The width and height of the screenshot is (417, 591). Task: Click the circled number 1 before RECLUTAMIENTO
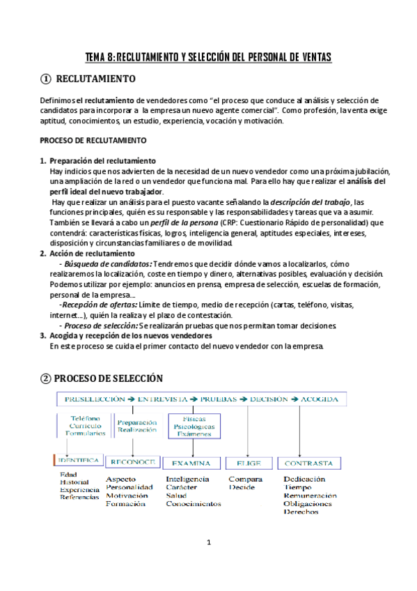(45, 79)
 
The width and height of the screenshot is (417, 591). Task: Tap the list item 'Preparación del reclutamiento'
(102, 161)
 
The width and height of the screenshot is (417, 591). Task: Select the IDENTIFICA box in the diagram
(79, 461)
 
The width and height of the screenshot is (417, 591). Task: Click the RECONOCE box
(133, 461)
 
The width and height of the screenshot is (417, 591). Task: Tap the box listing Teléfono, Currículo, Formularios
(86, 426)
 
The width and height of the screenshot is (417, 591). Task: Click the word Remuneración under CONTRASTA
(310, 496)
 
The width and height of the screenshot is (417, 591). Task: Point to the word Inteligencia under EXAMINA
(187, 479)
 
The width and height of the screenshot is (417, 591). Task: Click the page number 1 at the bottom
(208, 542)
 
